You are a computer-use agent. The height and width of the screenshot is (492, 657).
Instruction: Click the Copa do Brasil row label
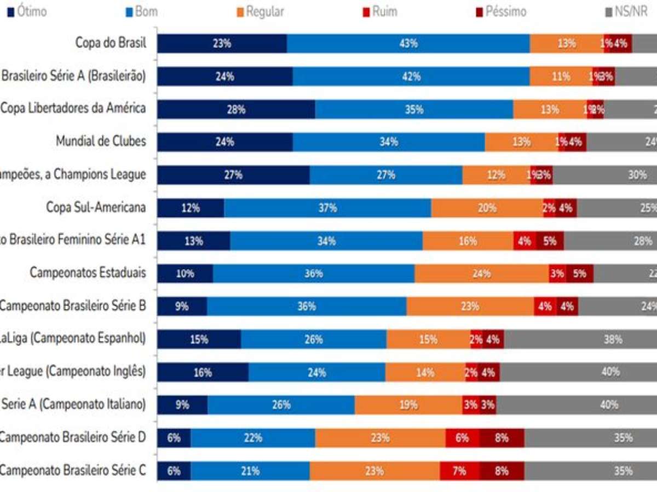(x=111, y=44)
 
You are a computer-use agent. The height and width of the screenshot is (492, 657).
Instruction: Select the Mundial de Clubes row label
(x=101, y=142)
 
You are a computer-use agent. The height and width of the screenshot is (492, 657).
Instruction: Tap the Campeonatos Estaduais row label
(x=88, y=273)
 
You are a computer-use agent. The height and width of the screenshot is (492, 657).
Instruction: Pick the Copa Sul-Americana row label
(x=96, y=208)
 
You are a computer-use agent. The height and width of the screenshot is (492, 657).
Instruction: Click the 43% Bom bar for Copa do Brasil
(x=408, y=44)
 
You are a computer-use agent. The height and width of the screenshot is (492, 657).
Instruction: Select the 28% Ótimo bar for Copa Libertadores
(x=236, y=109)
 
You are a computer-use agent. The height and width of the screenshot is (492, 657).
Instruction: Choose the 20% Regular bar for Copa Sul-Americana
(x=487, y=208)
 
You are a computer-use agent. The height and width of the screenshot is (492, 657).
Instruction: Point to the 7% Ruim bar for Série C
(x=459, y=470)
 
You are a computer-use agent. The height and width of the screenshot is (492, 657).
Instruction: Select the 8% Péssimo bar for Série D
(x=502, y=437)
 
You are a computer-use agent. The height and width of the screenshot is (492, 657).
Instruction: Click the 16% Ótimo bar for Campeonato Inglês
(x=203, y=372)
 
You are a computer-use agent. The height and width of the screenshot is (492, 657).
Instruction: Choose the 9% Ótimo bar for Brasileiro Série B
(x=182, y=306)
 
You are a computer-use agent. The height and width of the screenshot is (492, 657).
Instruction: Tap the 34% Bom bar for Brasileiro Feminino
(x=326, y=241)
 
